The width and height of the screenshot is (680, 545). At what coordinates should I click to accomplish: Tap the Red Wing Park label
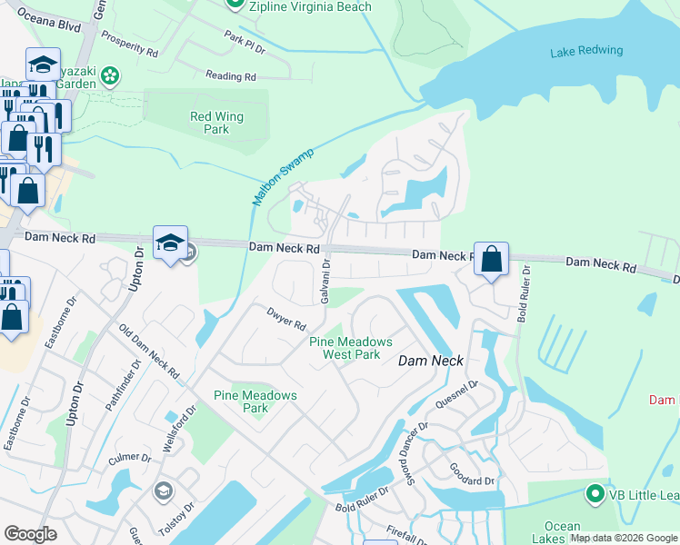pos(210,123)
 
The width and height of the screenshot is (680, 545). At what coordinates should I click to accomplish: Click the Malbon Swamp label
pos(283,175)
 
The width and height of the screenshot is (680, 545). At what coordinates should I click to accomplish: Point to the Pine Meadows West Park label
pos(351,348)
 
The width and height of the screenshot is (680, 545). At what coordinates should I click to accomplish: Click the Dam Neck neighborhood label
pos(432,361)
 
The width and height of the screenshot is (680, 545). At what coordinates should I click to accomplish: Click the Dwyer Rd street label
pos(285,319)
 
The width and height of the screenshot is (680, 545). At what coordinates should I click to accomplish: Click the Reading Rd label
pos(230,76)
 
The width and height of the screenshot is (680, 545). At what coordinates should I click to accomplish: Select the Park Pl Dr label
pos(245,41)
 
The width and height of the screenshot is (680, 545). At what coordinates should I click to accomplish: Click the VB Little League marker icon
pos(595,494)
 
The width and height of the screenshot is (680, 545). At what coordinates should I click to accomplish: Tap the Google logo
pos(30,534)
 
